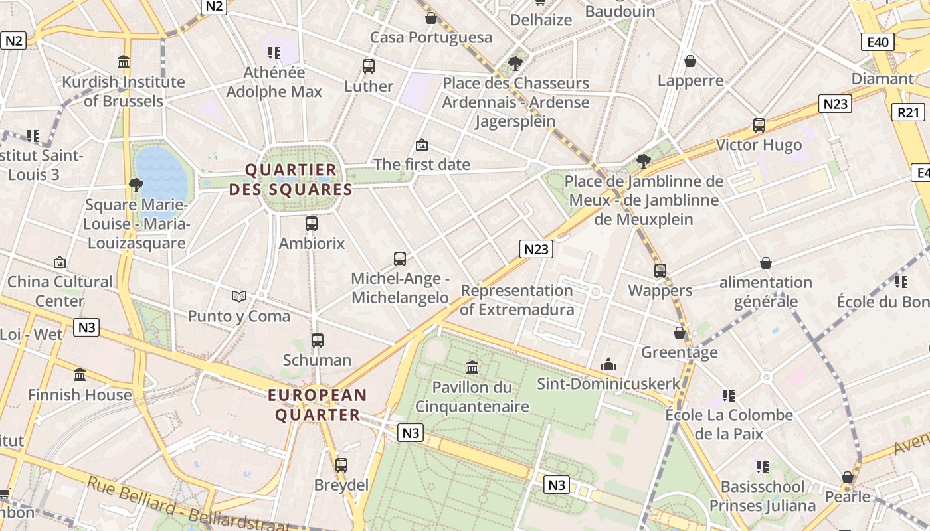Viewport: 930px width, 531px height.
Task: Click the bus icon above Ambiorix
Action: (312, 224)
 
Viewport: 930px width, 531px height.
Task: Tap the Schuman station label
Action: (317, 360)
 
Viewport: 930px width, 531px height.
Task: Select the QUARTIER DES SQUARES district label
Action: (291, 180)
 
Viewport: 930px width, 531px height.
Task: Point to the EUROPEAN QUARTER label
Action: (318, 405)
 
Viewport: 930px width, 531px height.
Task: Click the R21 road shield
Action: (907, 112)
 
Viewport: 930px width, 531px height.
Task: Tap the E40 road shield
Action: (878, 42)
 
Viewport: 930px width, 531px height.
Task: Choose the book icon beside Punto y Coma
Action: (239, 296)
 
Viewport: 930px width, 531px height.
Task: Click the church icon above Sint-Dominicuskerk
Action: (608, 364)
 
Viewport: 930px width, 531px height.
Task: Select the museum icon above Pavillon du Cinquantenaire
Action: (472, 367)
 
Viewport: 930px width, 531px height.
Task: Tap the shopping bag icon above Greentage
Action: (680, 333)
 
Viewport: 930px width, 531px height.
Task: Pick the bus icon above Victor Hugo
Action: (759, 125)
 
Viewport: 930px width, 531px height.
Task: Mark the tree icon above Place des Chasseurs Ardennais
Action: (515, 64)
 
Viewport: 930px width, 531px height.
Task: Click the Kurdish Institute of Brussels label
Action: (124, 92)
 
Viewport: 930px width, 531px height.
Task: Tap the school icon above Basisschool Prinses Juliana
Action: (762, 467)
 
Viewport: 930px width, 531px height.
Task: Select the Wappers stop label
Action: (660, 291)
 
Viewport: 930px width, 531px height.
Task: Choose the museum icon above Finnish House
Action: (80, 375)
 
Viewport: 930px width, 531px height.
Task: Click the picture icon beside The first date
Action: (421, 145)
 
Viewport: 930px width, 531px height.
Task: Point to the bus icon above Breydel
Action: (341, 465)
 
